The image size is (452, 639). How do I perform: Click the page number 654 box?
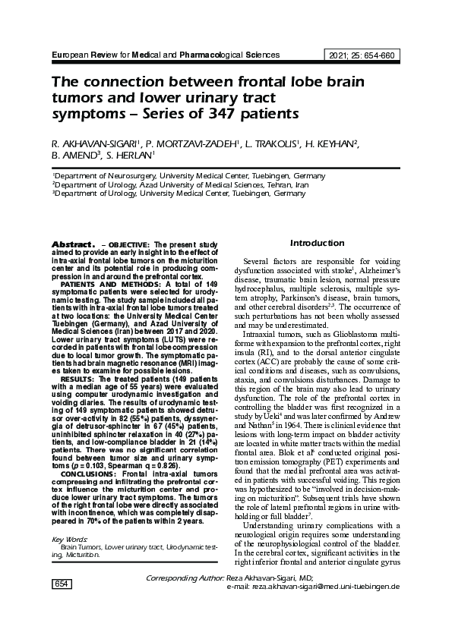coord(59,604)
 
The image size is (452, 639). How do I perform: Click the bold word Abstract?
coord(71,244)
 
